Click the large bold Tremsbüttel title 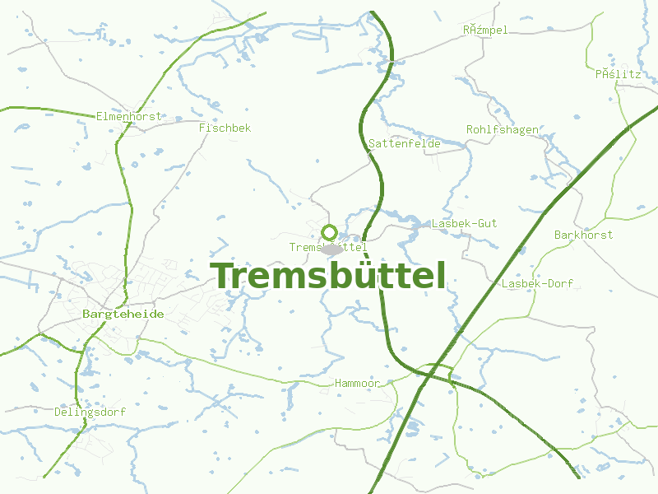click(328, 276)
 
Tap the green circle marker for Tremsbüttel click(329, 232)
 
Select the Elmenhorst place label click(129, 116)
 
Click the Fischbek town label click(225, 128)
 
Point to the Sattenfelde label click(405, 143)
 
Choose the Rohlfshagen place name click(502, 129)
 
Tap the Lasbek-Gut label click(465, 223)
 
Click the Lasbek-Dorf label click(537, 283)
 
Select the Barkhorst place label click(583, 235)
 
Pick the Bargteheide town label click(123, 314)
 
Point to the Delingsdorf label click(90, 411)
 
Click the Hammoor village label click(357, 384)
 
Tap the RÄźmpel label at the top click(485, 30)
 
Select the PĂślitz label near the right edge click(618, 73)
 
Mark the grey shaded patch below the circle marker click(331, 249)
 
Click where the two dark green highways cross click(429, 375)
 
